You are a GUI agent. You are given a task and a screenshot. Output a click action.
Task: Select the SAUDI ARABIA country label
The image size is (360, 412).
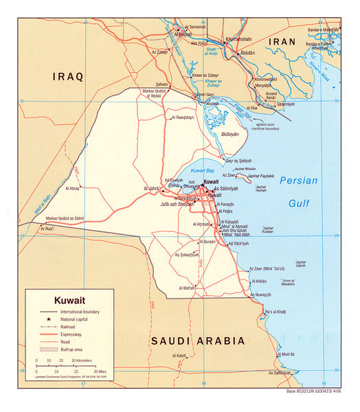click(198, 341)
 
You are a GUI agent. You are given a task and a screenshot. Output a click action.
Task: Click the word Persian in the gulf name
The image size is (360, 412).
click(299, 181)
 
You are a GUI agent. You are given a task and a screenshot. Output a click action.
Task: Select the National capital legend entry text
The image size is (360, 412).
click(78, 320)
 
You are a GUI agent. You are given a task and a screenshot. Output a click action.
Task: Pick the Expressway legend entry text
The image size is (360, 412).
click(74, 335)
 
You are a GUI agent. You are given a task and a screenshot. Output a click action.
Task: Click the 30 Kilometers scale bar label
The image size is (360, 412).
click(78, 360)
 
